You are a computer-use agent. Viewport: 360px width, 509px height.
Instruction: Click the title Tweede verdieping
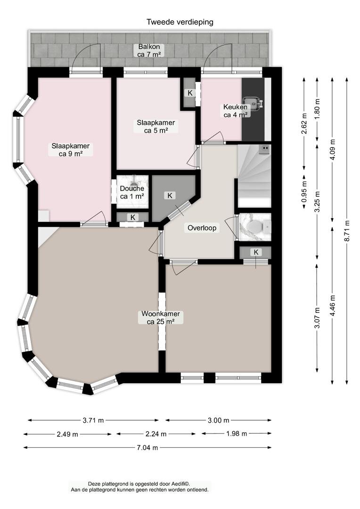180,22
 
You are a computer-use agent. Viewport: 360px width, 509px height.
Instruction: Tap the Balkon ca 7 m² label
149,50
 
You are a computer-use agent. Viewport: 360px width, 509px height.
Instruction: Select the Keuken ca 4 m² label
235,111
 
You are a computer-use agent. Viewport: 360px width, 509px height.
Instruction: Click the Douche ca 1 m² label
132,192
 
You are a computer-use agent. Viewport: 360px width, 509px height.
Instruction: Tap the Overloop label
202,228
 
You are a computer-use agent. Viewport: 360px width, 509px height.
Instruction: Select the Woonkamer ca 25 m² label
161,318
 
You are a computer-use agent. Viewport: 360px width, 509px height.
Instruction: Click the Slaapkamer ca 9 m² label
70,150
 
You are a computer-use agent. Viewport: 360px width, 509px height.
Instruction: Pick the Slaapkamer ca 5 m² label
156,126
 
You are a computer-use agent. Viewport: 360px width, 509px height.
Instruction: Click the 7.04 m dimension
147,448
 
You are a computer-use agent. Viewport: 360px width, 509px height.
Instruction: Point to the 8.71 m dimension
347,231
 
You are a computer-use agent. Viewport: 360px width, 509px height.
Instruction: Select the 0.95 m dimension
304,192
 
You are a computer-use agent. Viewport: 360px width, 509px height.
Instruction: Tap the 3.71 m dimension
93,420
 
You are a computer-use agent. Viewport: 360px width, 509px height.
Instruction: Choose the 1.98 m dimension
237,434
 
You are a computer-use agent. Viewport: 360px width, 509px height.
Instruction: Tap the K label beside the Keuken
190,93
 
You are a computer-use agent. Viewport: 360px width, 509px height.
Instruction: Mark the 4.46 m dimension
332,305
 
